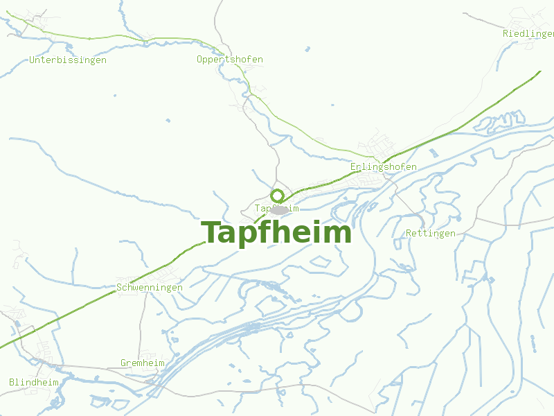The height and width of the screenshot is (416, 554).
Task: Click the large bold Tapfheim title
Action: tap(276, 233)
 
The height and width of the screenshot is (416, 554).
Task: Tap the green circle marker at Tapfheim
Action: tap(277, 196)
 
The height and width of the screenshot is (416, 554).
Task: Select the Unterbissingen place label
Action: tap(68, 60)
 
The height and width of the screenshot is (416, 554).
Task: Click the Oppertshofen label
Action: tap(230, 60)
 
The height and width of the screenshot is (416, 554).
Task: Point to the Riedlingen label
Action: tap(528, 33)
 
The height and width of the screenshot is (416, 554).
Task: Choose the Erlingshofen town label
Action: tap(384, 167)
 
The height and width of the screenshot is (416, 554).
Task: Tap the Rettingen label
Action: tap(431, 234)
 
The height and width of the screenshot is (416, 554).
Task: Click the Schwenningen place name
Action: tap(150, 287)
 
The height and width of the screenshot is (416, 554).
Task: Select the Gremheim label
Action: tap(143, 363)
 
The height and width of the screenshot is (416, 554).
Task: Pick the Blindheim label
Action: tap(33, 382)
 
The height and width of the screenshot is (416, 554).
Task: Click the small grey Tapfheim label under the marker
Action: tap(277, 208)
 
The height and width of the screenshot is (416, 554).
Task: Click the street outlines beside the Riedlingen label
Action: tap(526, 17)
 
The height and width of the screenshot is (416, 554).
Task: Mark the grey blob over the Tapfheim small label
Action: tap(279, 209)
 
